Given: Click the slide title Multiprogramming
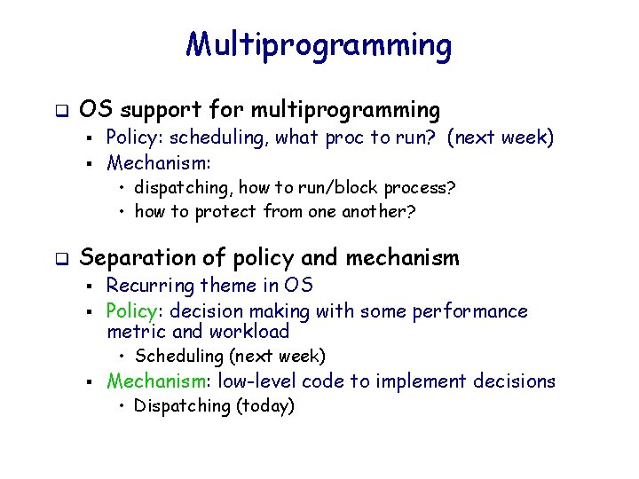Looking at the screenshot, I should pos(319,43).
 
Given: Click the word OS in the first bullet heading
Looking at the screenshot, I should pos(94,111).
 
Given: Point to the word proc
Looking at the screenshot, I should pos(344,137).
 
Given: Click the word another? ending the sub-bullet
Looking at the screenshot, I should pos(379,211).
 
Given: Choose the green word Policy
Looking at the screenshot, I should pos(132,311).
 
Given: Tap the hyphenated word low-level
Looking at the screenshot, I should pos(263,381).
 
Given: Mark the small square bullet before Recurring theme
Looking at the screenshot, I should pos(91,287).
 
